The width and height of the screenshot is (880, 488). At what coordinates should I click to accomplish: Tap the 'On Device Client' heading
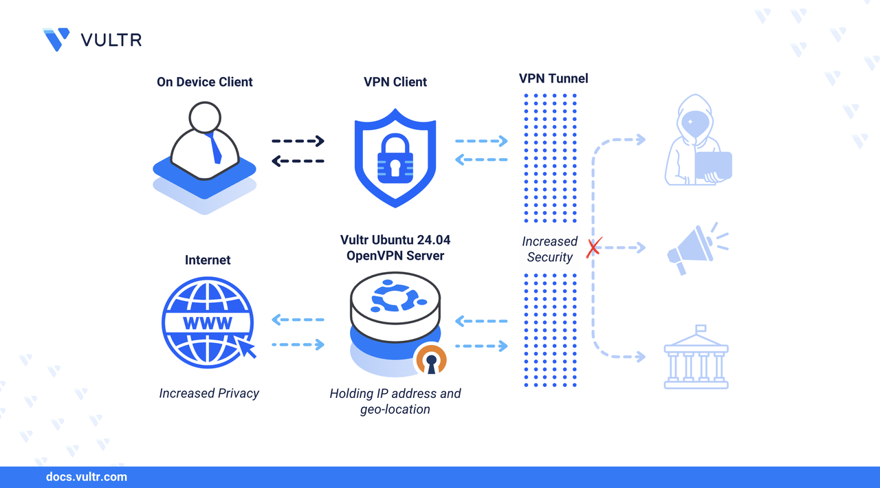[205, 82]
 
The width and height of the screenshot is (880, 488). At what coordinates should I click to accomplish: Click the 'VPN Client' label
[395, 82]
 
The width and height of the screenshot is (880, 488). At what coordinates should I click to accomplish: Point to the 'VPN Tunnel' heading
[553, 78]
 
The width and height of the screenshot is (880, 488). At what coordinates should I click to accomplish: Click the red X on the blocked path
[593, 247]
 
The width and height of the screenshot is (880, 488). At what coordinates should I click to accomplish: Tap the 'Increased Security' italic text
[549, 249]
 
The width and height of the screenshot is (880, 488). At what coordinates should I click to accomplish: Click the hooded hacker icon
[696, 141]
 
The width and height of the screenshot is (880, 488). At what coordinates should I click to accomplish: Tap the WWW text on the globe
[207, 323]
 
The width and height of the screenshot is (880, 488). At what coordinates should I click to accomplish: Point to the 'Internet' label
[208, 260]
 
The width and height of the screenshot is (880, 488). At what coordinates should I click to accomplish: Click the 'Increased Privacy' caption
[209, 393]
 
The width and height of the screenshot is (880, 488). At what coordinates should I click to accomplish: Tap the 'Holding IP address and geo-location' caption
[395, 401]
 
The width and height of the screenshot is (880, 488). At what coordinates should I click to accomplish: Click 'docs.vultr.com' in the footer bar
[86, 476]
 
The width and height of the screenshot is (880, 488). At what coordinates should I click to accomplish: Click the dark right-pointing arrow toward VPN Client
[298, 141]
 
